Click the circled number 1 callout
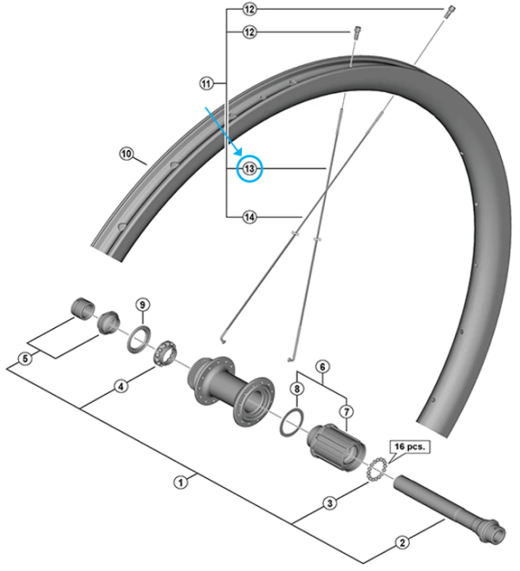point(181,481)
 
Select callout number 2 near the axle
point(402,543)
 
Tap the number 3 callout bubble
point(329,502)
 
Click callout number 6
point(321,368)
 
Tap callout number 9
point(143,304)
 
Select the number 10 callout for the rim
point(127,155)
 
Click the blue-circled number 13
point(250,168)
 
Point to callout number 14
point(250,217)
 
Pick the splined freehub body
point(333,443)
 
